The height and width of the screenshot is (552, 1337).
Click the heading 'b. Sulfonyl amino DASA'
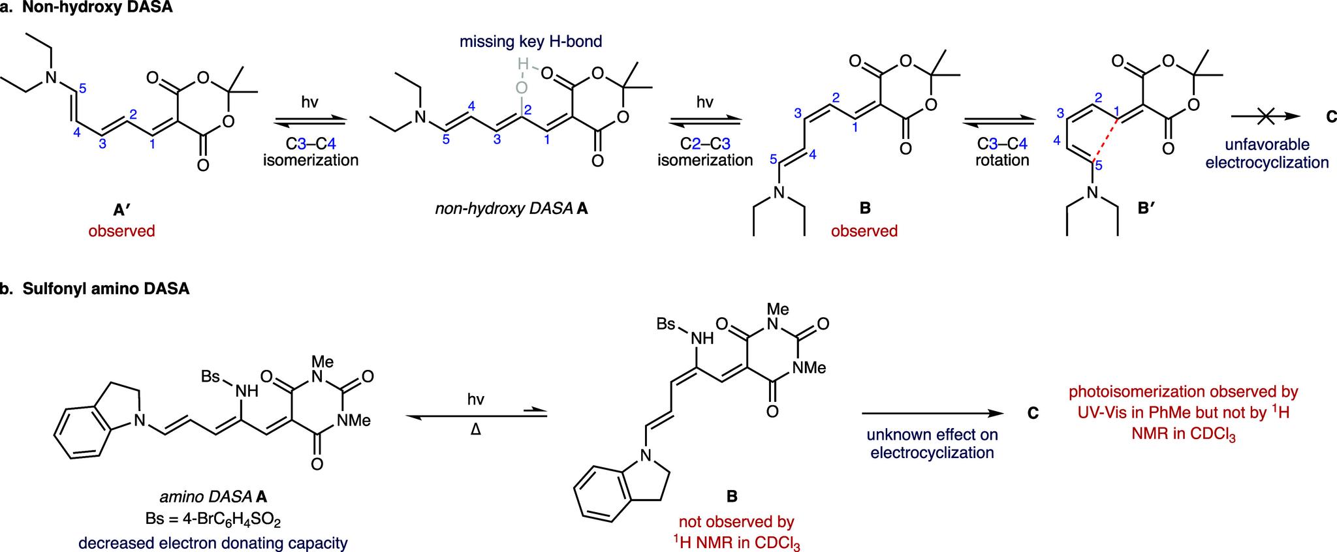tap(95, 289)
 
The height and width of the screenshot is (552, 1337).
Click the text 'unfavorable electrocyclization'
tap(1266, 153)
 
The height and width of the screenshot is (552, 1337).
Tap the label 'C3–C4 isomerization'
tap(311, 150)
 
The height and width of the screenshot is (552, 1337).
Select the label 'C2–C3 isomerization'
tap(705, 150)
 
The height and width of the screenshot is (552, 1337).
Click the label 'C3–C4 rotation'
tap(1002, 150)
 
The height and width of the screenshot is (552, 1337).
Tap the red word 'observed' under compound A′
tap(121, 231)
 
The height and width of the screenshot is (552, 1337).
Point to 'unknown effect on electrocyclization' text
tap(932, 443)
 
